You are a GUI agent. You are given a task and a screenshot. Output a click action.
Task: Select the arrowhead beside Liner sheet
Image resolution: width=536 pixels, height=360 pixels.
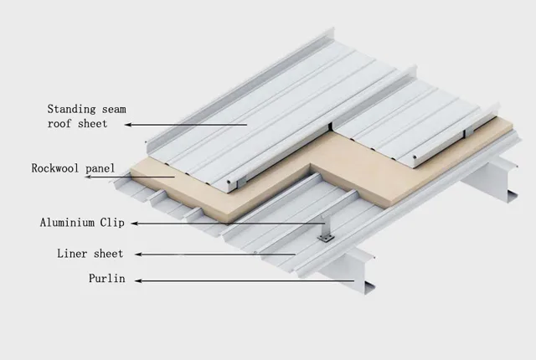click(x=137, y=254)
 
